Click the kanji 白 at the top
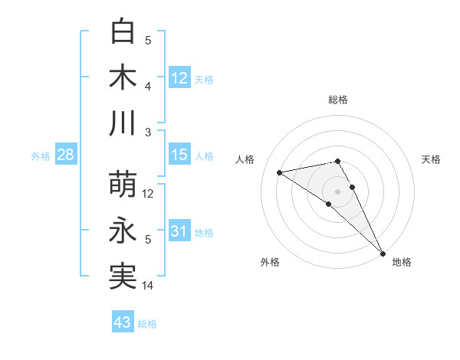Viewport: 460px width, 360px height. [x=123, y=31]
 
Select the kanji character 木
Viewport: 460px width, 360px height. [x=123, y=77]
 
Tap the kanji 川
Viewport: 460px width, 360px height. [x=123, y=123]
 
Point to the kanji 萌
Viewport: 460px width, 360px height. [x=123, y=185]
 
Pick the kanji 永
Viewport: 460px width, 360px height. [x=123, y=231]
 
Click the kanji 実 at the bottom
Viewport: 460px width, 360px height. [x=123, y=276]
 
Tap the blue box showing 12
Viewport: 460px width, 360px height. [x=179, y=77]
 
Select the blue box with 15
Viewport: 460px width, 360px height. [x=179, y=155]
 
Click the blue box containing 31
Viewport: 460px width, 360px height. [x=179, y=231]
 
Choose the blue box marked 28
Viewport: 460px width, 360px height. [x=65, y=155]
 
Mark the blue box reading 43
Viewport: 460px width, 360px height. [x=123, y=322]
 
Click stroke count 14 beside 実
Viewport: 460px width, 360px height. [x=149, y=286]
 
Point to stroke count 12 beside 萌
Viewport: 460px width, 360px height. [x=149, y=194]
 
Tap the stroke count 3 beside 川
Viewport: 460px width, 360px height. [x=149, y=133]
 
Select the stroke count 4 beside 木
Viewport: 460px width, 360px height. [x=149, y=87]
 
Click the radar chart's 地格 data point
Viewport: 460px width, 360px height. [x=382, y=252]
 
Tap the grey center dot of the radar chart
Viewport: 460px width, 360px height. [x=338, y=190]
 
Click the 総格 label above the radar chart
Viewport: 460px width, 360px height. [x=338, y=100]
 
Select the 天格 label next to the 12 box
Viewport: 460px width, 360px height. [x=204, y=79]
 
